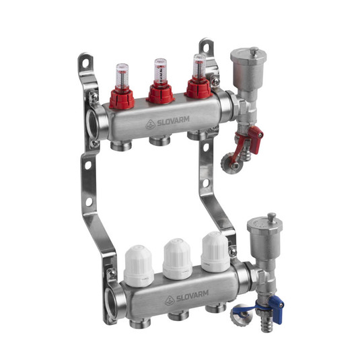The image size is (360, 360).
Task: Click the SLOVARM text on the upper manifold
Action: tap(173, 121)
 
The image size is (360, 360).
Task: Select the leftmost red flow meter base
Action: tap(122, 99)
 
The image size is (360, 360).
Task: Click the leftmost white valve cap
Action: tap(139, 266)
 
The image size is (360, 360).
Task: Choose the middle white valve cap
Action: tap(178, 259)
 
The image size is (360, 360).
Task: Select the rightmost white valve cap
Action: tap(215, 252)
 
